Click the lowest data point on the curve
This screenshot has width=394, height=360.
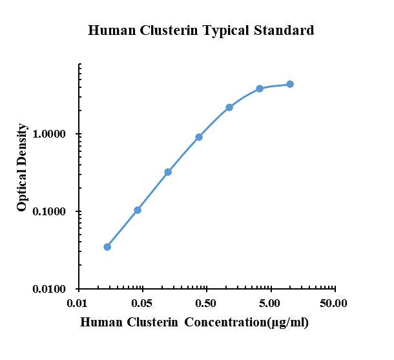tap(107, 247)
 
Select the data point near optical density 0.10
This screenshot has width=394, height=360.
tap(138, 210)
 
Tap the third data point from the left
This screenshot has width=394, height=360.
tap(168, 172)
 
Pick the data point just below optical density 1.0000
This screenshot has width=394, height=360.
tap(199, 137)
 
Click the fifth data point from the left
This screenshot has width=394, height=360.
tap(229, 107)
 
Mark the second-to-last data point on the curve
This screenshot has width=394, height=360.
tap(260, 89)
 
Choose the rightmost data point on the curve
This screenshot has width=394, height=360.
tap(290, 84)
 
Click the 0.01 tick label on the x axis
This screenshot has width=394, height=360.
tap(78, 302)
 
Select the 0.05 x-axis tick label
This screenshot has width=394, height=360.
tap(142, 302)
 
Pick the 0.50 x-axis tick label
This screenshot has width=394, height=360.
tap(206, 302)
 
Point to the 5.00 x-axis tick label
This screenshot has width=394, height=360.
tap(270, 302)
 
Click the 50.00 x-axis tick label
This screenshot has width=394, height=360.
tap(334, 302)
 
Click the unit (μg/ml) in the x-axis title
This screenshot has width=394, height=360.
tap(286, 322)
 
